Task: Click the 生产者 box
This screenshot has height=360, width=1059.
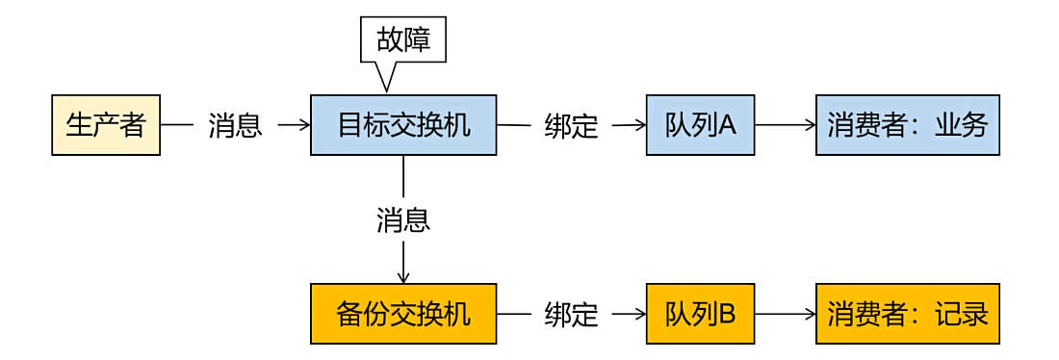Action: coord(105,125)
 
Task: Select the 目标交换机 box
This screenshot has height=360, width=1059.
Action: coord(402,125)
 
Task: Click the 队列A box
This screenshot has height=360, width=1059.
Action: coord(700,125)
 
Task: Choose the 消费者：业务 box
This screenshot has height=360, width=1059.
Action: coord(907,125)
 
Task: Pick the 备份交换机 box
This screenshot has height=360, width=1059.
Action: coord(402,314)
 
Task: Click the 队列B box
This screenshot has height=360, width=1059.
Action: coord(700,314)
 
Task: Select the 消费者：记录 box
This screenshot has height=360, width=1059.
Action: coord(907,314)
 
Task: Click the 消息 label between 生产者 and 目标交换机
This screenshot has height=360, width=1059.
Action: coord(235,126)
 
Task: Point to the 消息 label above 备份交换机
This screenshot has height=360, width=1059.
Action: coord(402,220)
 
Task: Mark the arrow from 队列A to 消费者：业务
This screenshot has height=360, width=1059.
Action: coord(785,125)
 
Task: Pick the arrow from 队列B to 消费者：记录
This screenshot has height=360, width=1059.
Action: coord(785,314)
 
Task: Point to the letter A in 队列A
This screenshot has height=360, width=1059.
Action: coord(727,125)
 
